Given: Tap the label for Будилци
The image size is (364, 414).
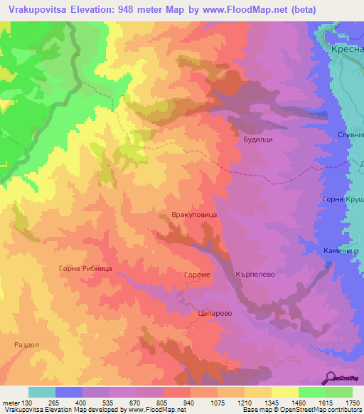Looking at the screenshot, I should [x=257, y=140].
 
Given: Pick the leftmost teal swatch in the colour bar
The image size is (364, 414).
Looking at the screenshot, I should [x=42, y=392].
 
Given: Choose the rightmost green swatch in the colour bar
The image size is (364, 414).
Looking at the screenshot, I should [x=339, y=392].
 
